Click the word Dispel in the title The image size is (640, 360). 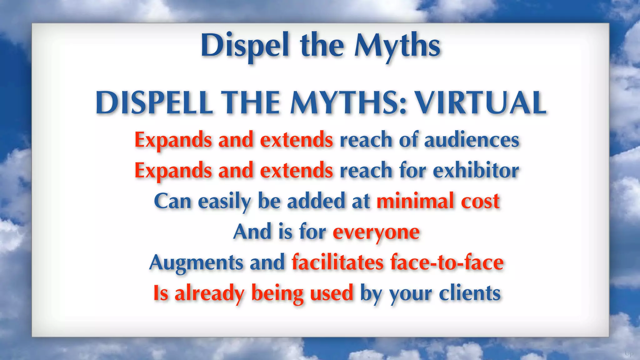pyautogui.click(x=245, y=46)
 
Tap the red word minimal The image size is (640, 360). pyautogui.click(x=415, y=201)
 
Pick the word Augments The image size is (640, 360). pyautogui.click(x=196, y=262)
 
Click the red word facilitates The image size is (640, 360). pyautogui.click(x=337, y=262)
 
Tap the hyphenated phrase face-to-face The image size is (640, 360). pyautogui.click(x=447, y=262)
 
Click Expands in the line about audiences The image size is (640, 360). pyautogui.click(x=173, y=140)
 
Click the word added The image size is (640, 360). pyautogui.click(x=316, y=201)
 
